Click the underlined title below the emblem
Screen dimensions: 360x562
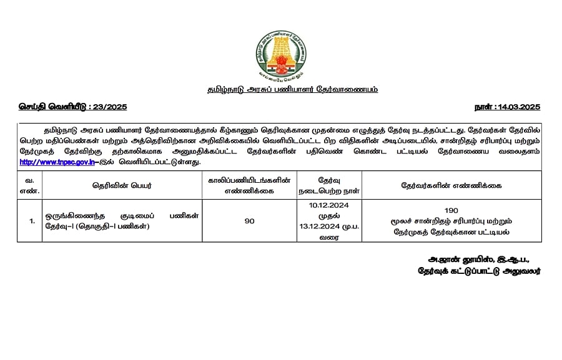pyautogui.click(x=292, y=89)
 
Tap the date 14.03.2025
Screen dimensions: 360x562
pyautogui.click(x=518, y=107)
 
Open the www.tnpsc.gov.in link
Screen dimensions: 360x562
pyautogui.click(x=57, y=162)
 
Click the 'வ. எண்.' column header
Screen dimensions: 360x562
pyautogui.click(x=29, y=185)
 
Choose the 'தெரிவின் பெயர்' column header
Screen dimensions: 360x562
pyautogui.click(x=122, y=185)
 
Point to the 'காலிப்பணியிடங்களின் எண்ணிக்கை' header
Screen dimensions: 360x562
pyautogui.click(x=249, y=185)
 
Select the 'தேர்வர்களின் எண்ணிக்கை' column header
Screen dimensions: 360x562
pyautogui.click(x=451, y=185)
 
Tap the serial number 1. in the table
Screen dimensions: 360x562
pyautogui.click(x=31, y=221)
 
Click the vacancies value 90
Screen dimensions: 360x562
pyautogui.click(x=249, y=221)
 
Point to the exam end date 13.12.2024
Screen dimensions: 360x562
pyautogui.click(x=318, y=226)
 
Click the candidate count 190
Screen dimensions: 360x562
pyautogui.click(x=451, y=210)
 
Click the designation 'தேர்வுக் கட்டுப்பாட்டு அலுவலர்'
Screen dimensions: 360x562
pyautogui.click(x=480, y=271)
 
